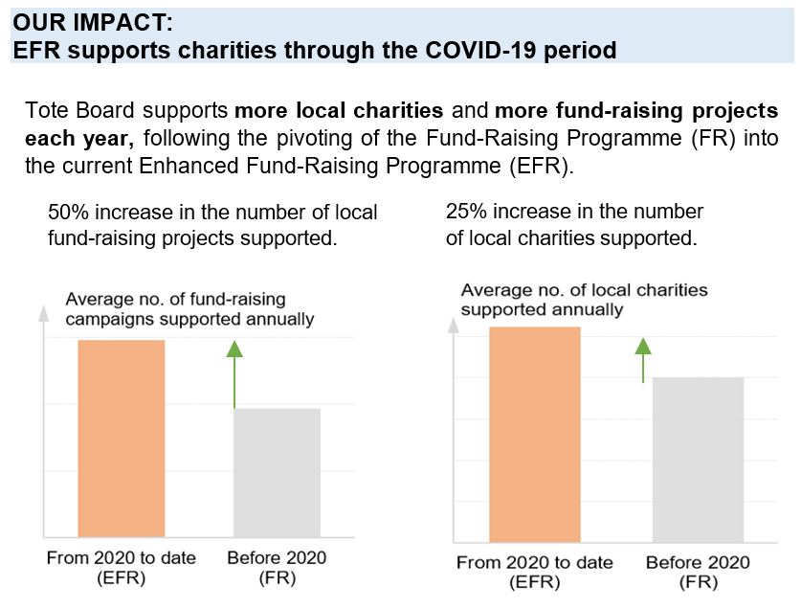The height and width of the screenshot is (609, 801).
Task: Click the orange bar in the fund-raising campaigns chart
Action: pyautogui.click(x=121, y=438)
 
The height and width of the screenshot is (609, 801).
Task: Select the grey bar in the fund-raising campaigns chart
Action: pyautogui.click(x=277, y=471)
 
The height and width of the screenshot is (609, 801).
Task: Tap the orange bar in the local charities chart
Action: pyautogui.click(x=535, y=434)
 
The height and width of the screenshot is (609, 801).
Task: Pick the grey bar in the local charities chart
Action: pyautogui.click(x=698, y=460)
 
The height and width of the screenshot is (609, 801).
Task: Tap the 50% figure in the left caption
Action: pyautogui.click(x=66, y=213)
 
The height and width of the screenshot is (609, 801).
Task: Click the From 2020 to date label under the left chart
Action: pyautogui.click(x=121, y=557)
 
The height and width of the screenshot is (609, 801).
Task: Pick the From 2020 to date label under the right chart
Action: pyautogui.click(x=535, y=562)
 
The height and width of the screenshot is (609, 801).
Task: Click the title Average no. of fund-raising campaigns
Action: pyautogui.click(x=174, y=301)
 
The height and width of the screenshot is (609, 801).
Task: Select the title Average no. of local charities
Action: pyautogui.click(x=584, y=290)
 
